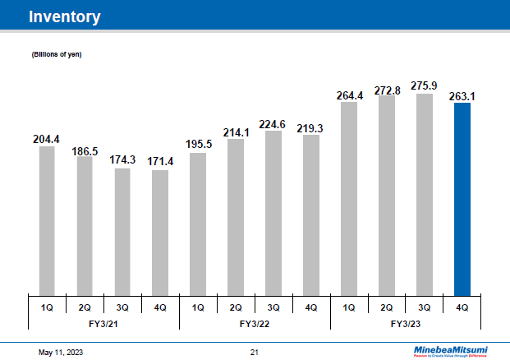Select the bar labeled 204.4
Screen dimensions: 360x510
(47, 219)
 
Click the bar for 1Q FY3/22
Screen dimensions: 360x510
(198, 223)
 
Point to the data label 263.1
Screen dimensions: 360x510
(462, 96)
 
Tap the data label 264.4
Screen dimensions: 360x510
(350, 96)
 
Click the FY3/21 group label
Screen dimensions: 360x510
(103, 324)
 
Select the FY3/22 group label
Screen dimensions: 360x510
(255, 324)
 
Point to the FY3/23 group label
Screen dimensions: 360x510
(406, 324)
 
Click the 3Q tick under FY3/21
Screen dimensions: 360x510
(122, 307)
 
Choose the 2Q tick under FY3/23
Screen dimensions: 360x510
(387, 307)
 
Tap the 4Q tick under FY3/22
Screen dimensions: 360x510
(311, 307)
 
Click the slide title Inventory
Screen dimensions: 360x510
(65, 16)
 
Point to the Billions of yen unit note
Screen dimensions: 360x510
(56, 54)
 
